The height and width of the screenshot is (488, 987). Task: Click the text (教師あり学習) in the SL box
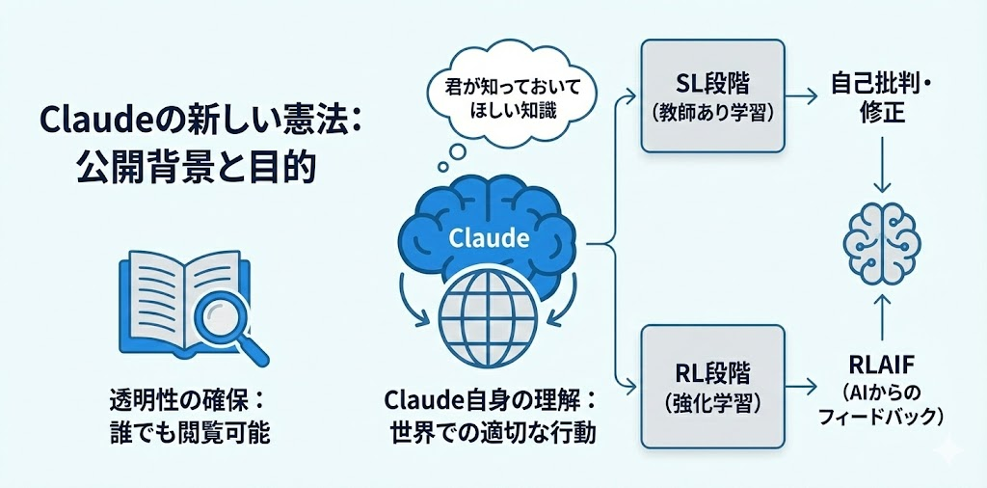click(712, 112)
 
